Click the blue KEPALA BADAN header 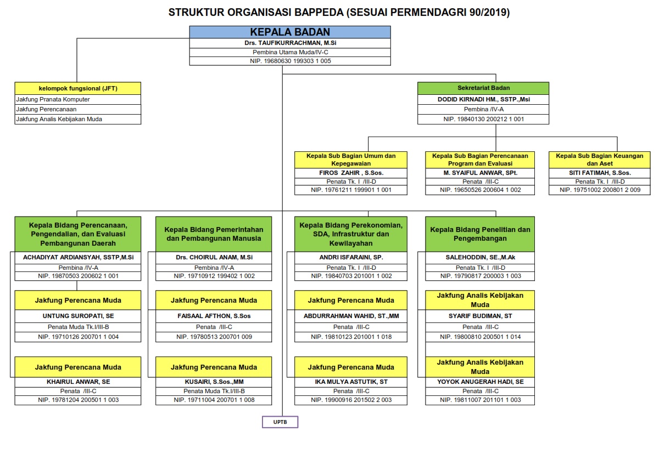tap(290, 32)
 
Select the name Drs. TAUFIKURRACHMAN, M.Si tap(290, 43)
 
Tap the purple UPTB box tap(280, 422)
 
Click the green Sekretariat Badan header tap(483, 88)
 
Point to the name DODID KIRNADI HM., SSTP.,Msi tap(484, 99)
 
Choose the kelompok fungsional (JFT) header tap(78, 88)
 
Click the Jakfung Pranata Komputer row tap(78, 99)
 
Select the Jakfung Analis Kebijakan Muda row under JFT tap(78, 119)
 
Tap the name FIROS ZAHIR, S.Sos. tap(351, 173)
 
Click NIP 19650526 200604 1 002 tap(480, 190)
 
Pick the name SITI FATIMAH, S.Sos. tap(600, 173)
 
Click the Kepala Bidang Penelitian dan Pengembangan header tap(480, 234)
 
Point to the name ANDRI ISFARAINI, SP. tap(351, 257)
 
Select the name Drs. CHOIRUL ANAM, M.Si tap(214, 257)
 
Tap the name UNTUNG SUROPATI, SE tap(78, 316)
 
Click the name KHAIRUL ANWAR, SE tap(78, 382)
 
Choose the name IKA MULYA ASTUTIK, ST tap(351, 382)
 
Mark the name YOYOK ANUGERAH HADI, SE tap(480, 382)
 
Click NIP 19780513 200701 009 tap(214, 337)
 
